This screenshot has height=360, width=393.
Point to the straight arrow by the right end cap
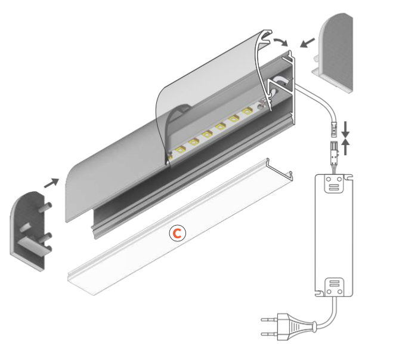pyautogui.click(x=307, y=43)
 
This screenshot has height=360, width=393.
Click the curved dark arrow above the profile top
pyautogui.click(x=279, y=41)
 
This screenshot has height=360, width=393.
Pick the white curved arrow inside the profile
pyautogui.click(x=281, y=81)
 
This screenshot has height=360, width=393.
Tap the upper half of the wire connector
pyautogui.click(x=335, y=127)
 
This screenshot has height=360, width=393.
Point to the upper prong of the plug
pyautogui.click(x=268, y=322)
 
